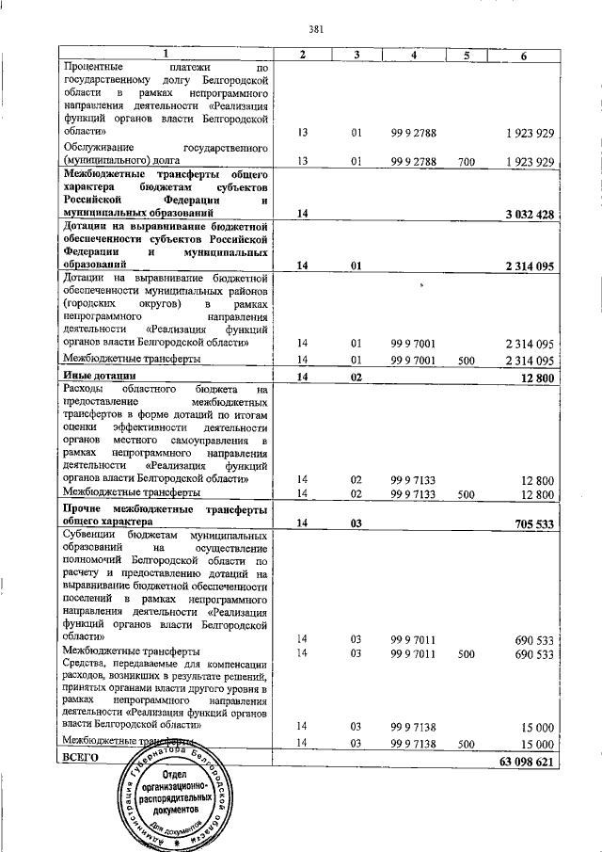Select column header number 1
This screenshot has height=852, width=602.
166,55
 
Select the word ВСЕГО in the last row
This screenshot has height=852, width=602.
80,758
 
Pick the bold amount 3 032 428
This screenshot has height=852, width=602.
529,215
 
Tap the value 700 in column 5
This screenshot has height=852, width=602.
466,162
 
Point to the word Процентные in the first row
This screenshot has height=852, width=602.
93,68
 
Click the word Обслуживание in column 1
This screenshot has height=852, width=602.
98,148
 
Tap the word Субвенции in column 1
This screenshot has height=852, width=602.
89,535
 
